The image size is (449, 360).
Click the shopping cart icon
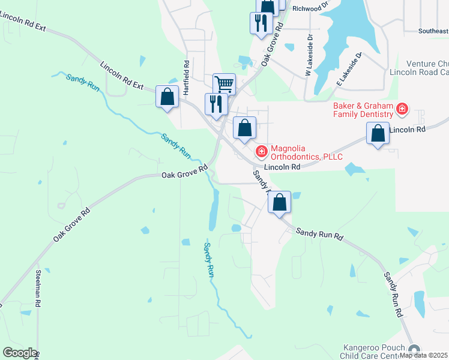pos(224,83)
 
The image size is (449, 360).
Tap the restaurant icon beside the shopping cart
pos(214,104)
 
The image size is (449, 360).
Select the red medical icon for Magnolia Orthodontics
pos(262,150)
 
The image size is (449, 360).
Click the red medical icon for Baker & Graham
pos(402,109)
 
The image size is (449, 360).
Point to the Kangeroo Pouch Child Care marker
pos(413,350)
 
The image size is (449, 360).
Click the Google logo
pos(20,353)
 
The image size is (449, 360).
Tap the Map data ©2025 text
pos(423,355)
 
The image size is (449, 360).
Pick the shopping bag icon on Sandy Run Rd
pos(280,202)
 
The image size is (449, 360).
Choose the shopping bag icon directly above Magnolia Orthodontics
pos(244,127)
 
